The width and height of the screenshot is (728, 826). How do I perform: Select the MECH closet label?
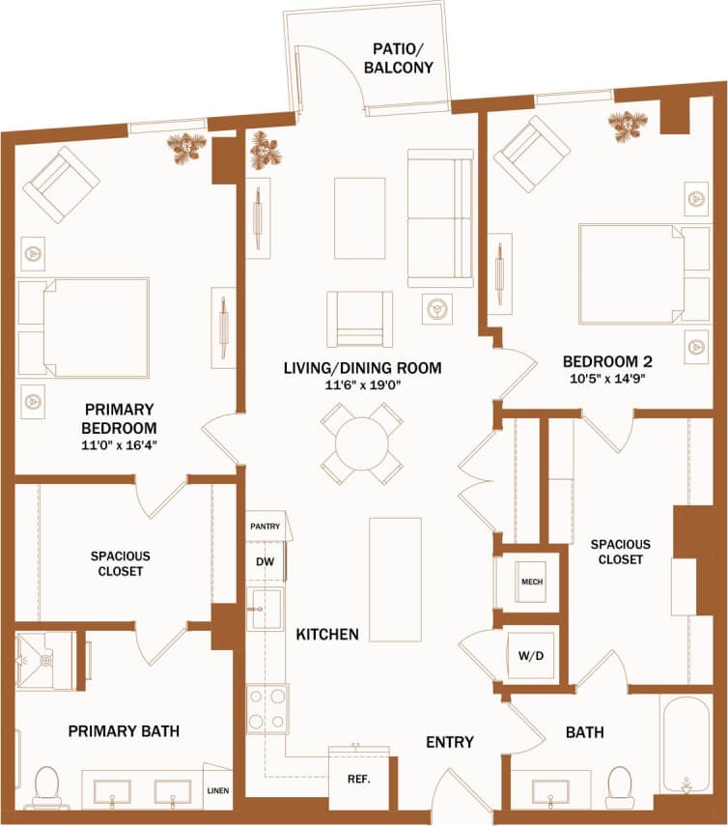click(x=531, y=583)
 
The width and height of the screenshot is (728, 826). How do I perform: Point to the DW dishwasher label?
click(x=265, y=560)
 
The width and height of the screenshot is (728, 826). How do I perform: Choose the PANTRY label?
click(x=265, y=527)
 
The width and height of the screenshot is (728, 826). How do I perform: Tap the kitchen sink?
click(x=264, y=609)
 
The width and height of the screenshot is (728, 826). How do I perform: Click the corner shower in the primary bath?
click(x=45, y=661)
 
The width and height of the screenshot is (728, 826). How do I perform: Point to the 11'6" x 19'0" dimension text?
click(x=362, y=385)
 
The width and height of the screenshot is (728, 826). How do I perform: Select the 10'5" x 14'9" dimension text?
click(x=607, y=379)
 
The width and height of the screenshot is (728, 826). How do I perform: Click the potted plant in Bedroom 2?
click(x=628, y=124)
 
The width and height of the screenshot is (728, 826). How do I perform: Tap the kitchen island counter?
click(x=395, y=580)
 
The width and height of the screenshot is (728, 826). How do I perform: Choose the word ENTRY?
click(x=450, y=742)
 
